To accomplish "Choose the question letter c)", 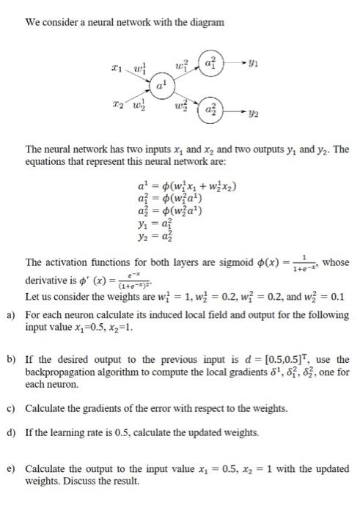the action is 11,407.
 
